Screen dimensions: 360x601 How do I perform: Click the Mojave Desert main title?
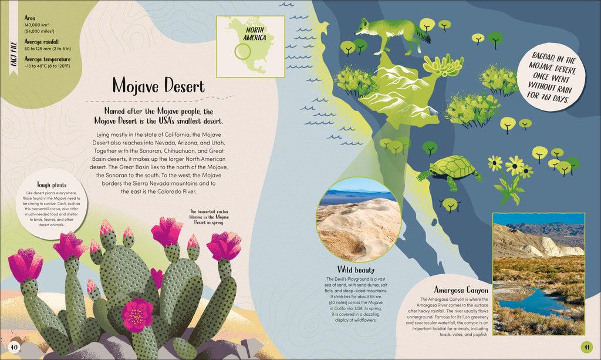click(158, 88)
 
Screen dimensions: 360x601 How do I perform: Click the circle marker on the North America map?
click(242, 51)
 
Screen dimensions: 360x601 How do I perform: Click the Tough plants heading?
click(51, 184)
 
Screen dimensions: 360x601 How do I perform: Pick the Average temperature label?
click(48, 59)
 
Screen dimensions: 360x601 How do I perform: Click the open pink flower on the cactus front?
click(138, 314)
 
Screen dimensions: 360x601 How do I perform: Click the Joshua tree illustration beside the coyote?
click(445, 69)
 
